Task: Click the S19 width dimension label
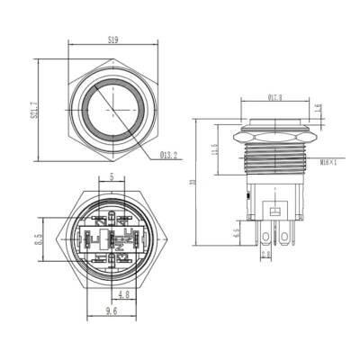click(112, 40)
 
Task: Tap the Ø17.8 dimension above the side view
click(275, 97)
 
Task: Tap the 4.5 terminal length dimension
click(236, 235)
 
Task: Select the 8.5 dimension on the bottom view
click(38, 239)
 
